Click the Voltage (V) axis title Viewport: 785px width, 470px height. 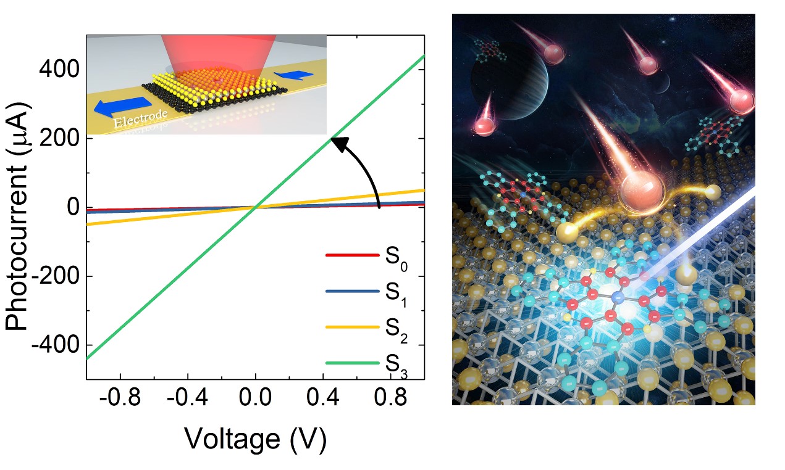[x=255, y=439]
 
